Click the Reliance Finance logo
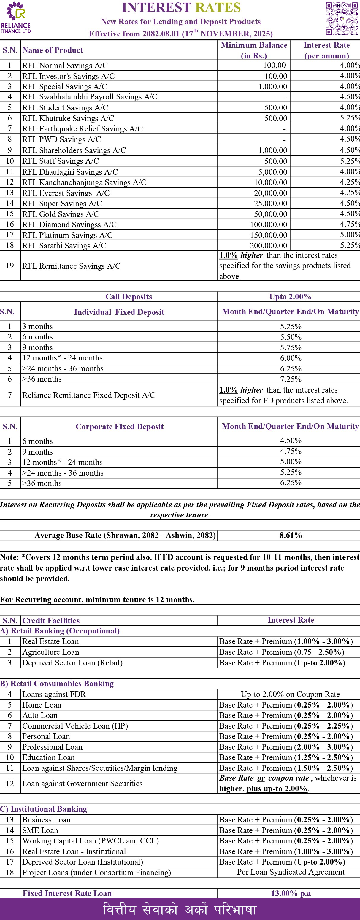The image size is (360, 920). click(16, 18)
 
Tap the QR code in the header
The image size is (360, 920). click(341, 19)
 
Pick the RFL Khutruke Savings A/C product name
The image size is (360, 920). click(68, 118)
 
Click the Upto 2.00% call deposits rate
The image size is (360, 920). click(290, 297)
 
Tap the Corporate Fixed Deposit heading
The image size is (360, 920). click(119, 426)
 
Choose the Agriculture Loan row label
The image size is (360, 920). click(51, 652)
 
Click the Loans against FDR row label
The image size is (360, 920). click(54, 694)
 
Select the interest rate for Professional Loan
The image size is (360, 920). click(286, 747)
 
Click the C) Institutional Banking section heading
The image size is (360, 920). click(44, 809)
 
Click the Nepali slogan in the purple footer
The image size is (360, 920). click(180, 909)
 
